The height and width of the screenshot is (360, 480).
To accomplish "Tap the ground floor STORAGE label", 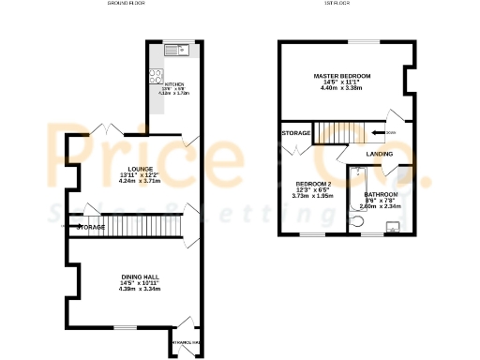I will [x=90, y=227].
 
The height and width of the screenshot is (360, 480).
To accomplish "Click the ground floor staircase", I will [x=141, y=226].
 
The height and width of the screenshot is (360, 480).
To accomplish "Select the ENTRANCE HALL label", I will [x=185, y=344].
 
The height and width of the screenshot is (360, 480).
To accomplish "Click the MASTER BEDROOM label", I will [x=341, y=75].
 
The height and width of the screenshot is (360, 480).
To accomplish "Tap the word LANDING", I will [x=380, y=153].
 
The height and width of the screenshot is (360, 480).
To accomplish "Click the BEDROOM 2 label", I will [x=313, y=183].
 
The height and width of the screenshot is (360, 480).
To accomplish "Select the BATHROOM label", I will [x=381, y=195].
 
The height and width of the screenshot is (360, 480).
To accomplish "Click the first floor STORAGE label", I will [x=296, y=134].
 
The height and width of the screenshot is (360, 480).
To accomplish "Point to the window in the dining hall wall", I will [x=120, y=327].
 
